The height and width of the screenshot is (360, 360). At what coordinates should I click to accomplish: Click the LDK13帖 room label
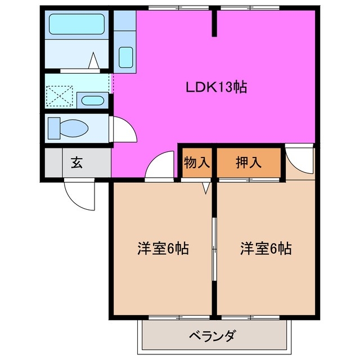coord(217,88)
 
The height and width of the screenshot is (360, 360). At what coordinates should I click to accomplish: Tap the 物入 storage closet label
coord(197,163)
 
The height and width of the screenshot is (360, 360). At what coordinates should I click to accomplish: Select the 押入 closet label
coord(249,163)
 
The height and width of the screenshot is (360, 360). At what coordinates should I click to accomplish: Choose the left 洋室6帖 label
coord(163,248)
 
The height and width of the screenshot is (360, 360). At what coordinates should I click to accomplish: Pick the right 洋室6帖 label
coord(266,248)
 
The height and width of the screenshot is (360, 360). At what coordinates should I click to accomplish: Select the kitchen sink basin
coord(125,57)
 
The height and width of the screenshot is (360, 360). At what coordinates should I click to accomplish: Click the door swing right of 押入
coord(300,159)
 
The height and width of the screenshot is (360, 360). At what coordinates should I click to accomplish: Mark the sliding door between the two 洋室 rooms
coord(214,247)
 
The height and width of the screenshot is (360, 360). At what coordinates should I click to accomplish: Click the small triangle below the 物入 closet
coord(206,188)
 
